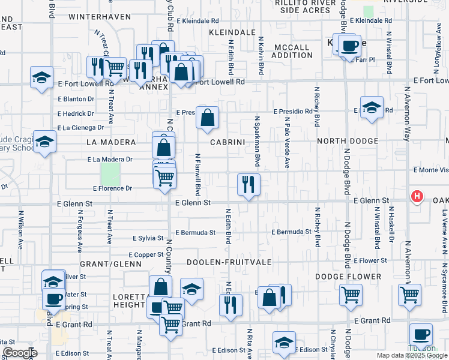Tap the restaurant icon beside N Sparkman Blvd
coord(249,184)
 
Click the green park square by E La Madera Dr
coord(110,174)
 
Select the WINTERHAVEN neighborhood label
coord(100,16)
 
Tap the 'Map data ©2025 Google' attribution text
coord(412,355)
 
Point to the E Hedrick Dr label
coord(76,113)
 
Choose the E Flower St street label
coord(370,261)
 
